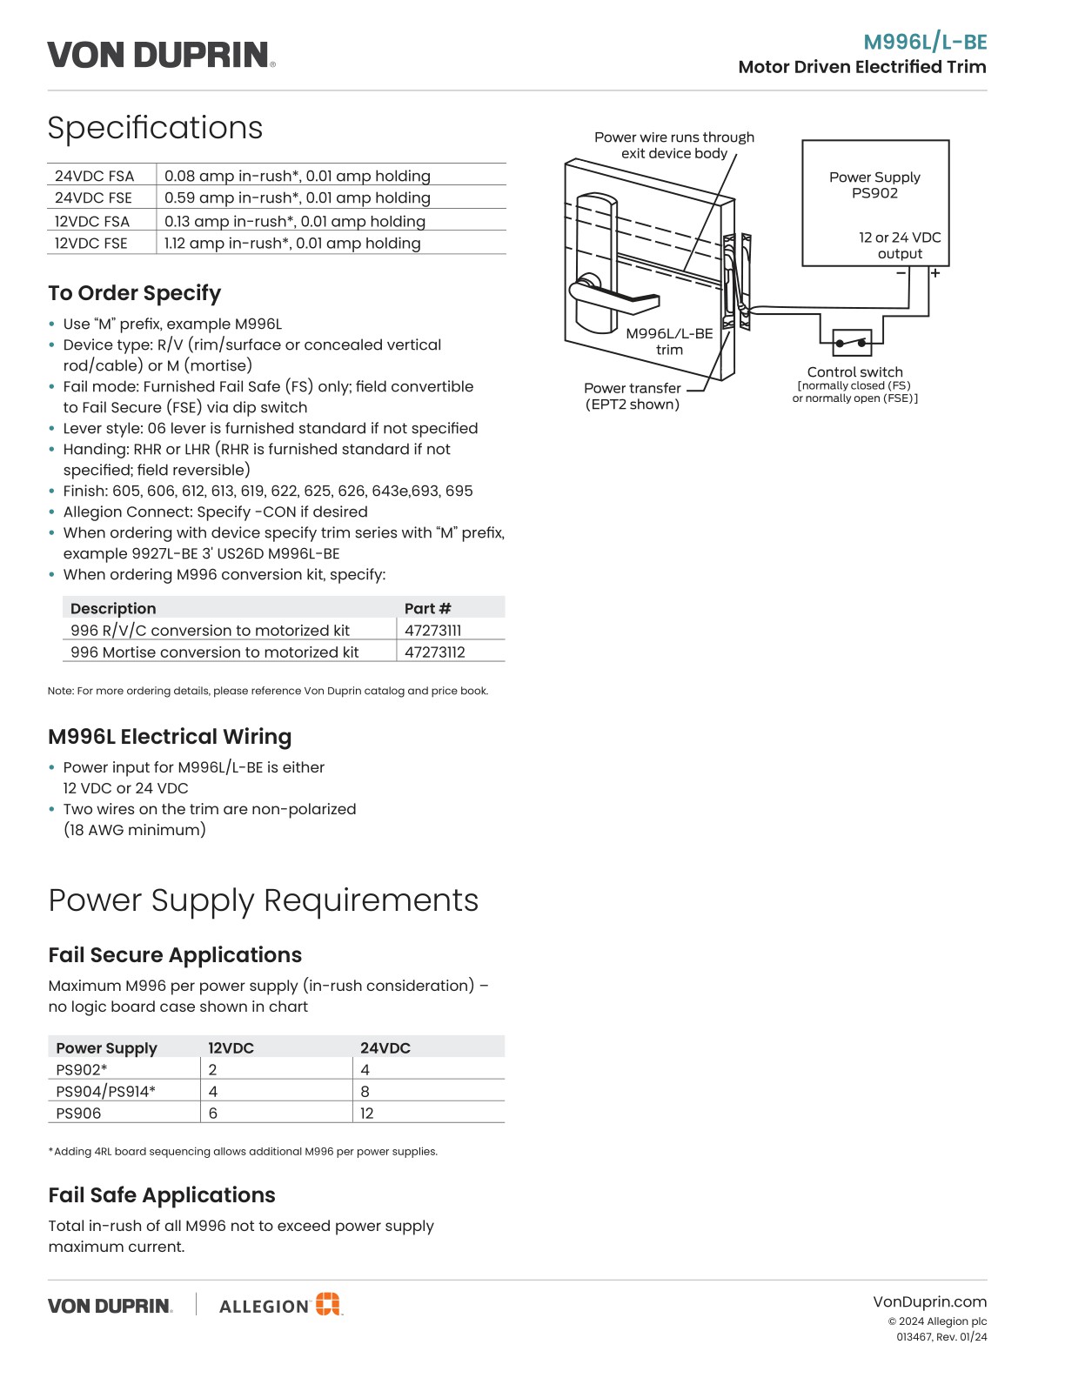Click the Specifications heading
[155, 128]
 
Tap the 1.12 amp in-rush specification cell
[292, 244]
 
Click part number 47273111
[433, 631]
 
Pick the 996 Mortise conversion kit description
[215, 652]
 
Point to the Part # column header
[428, 609]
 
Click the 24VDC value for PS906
[367, 1114]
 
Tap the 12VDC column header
[231, 1048]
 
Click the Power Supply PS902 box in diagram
[874, 202]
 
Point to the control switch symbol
[853, 343]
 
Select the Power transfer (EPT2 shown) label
[633, 396]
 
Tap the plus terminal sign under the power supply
[935, 273]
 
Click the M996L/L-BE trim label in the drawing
[669, 341]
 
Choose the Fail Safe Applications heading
[162, 1195]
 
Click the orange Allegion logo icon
[328, 1304]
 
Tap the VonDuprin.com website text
[930, 1302]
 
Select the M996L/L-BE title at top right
[925, 42]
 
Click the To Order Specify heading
[135, 293]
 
